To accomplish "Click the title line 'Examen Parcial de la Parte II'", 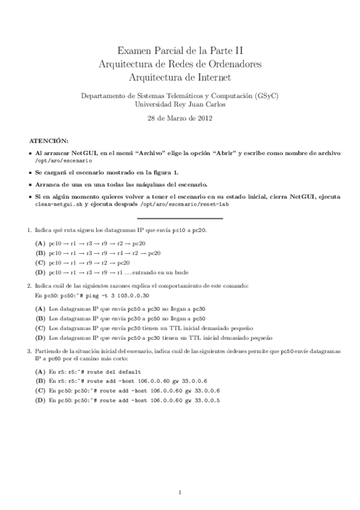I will [180, 52].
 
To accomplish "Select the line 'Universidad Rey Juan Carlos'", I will [180, 104].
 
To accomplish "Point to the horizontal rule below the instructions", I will [180, 218].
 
